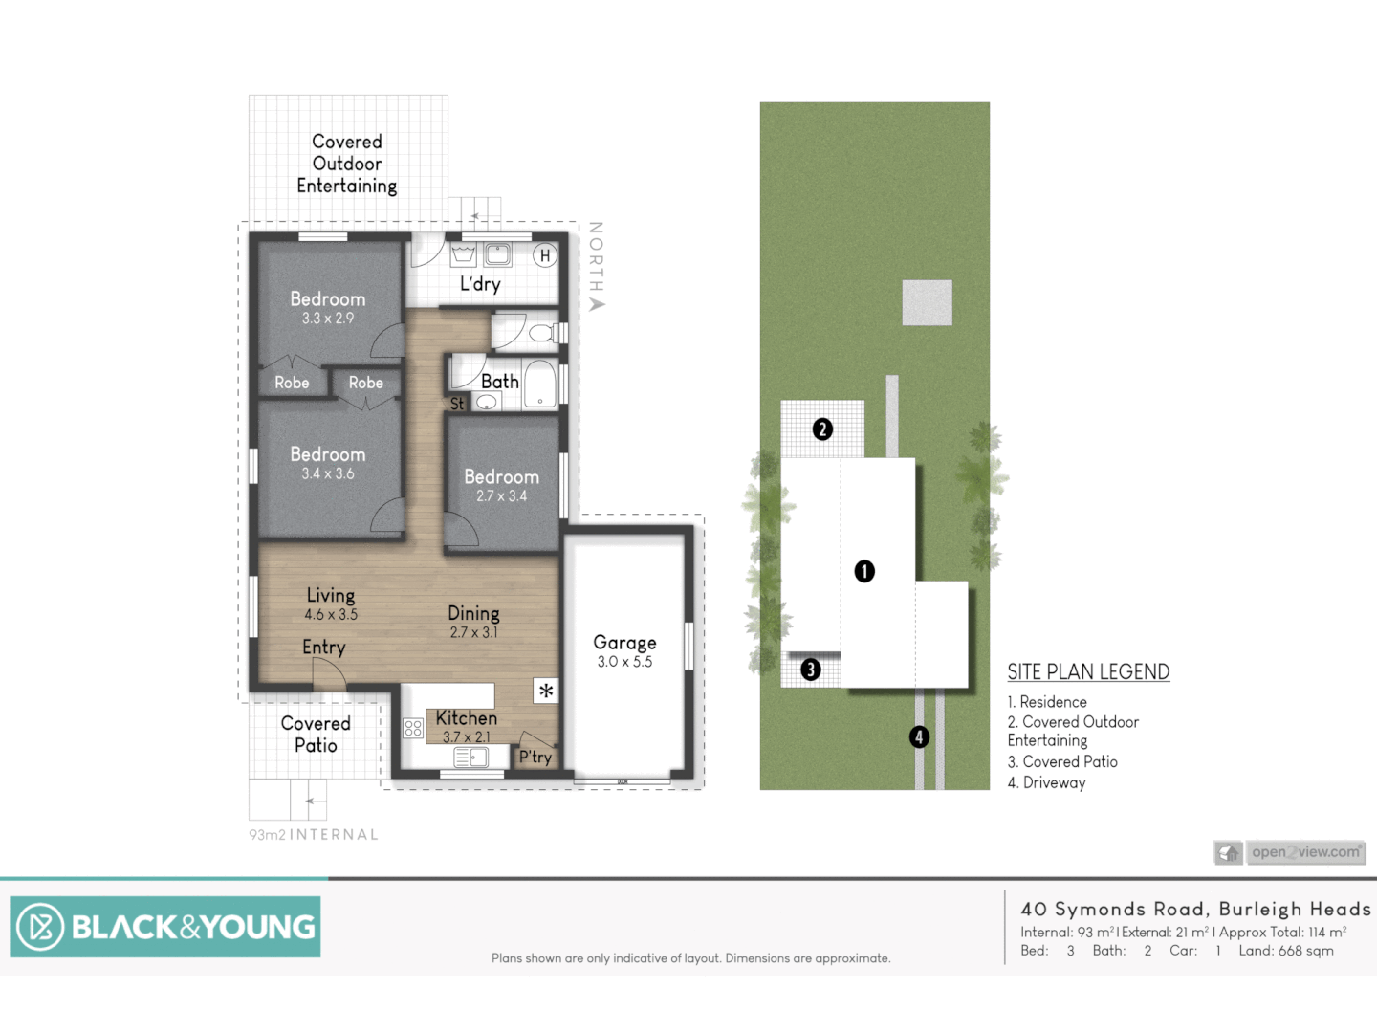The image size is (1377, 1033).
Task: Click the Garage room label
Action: tap(624, 643)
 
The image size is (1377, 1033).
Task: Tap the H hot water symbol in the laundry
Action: tap(545, 255)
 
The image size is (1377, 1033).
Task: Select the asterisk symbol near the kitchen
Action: tap(546, 691)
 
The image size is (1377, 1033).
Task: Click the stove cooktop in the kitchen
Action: tap(413, 729)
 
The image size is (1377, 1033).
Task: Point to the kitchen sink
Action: tap(470, 758)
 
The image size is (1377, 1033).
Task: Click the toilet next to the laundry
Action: tap(541, 333)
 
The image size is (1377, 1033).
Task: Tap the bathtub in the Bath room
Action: tap(540, 385)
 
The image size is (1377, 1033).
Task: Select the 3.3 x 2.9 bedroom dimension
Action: tap(328, 319)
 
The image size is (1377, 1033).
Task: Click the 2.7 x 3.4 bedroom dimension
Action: tap(502, 496)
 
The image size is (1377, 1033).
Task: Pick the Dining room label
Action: tap(473, 613)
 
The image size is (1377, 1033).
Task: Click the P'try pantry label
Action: tap(535, 757)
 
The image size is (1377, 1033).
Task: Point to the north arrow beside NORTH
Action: tap(598, 304)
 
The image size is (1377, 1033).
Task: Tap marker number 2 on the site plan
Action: tap(822, 429)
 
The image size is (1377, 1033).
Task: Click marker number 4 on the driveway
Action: tap(919, 736)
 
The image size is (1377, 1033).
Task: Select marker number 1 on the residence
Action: tap(864, 571)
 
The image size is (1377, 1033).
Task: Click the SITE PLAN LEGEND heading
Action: tap(1088, 672)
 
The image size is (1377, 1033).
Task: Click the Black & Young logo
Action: tap(165, 927)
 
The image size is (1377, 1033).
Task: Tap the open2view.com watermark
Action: tap(1305, 851)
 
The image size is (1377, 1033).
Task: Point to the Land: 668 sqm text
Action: tap(1286, 951)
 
